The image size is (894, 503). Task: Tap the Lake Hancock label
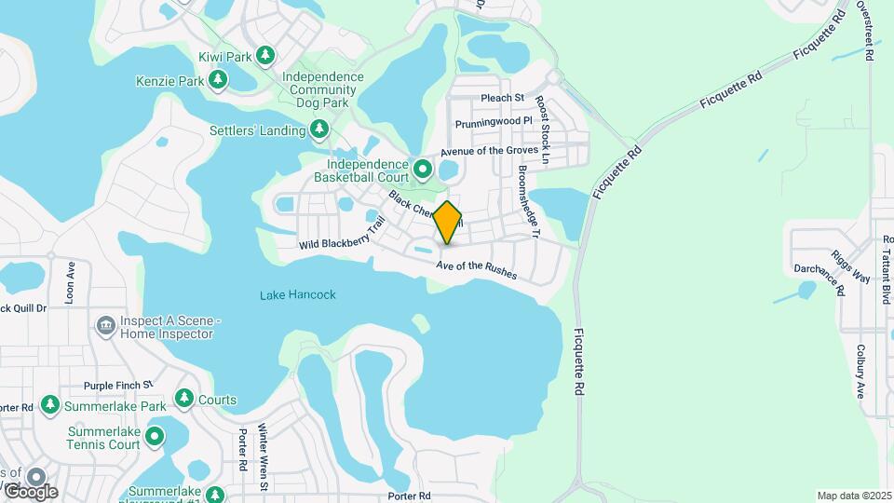(x=297, y=295)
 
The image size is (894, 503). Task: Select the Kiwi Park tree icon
(x=265, y=57)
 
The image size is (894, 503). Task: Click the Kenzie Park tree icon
(x=219, y=81)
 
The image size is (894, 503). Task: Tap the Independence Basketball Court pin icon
(x=423, y=169)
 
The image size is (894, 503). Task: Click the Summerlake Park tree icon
(x=49, y=405)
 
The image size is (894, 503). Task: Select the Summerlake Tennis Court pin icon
(x=155, y=436)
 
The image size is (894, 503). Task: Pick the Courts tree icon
(x=184, y=400)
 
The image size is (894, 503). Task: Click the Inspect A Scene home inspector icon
(x=104, y=326)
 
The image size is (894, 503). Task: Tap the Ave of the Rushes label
(x=475, y=269)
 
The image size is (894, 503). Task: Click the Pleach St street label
(x=503, y=97)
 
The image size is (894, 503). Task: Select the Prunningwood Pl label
(x=494, y=122)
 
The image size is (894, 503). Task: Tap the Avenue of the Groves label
(x=489, y=150)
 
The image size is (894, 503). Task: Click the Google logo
(x=31, y=491)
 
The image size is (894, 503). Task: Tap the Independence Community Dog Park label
(x=322, y=90)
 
